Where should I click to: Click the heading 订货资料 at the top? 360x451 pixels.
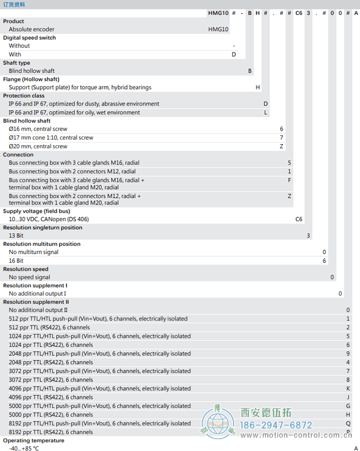(13, 5)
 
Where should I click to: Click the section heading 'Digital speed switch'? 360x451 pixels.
(29, 38)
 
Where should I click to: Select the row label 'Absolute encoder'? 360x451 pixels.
(31, 29)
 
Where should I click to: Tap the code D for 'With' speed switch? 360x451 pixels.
(234, 54)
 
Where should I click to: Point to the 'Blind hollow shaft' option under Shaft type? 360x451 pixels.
(31, 71)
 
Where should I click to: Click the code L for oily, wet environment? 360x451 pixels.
(266, 112)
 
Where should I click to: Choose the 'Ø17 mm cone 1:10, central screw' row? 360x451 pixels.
(51, 137)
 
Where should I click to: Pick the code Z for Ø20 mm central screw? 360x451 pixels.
(281, 146)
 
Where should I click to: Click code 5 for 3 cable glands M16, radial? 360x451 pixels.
(290, 163)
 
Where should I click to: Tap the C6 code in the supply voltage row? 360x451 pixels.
(299, 219)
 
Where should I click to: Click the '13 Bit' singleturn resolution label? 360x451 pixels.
(16, 236)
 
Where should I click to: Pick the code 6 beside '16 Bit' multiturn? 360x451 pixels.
(324, 261)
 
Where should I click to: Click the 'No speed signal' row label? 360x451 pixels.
(29, 277)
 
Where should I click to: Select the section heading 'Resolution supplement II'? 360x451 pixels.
(36, 302)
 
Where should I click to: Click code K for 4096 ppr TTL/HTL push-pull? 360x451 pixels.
(348, 389)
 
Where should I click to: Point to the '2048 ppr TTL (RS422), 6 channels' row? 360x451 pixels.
(51, 362)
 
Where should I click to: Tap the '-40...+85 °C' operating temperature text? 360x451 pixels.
(24, 448)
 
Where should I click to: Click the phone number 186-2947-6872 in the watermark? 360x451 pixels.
(277, 425)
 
